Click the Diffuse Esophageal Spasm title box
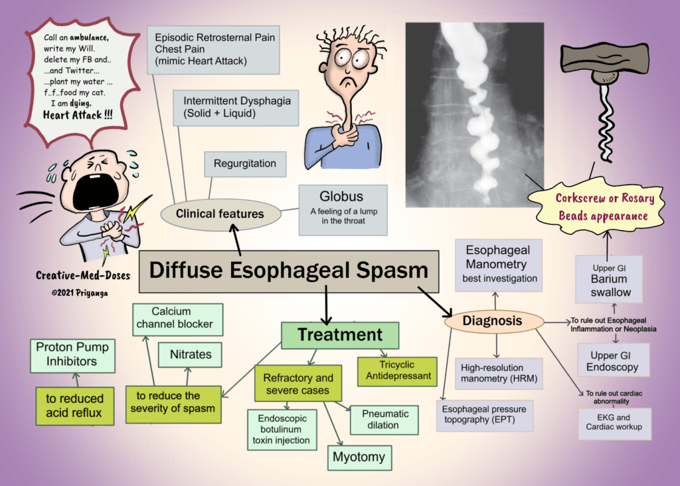(289, 271)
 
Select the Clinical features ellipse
(220, 214)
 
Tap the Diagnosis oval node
(492, 321)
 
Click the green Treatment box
(340, 334)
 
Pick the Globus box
(342, 209)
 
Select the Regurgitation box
(245, 164)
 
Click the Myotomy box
(359, 457)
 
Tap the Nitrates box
(191, 354)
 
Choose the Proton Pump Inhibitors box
(72, 355)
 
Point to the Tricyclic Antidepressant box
(398, 370)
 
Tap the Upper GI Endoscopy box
(614, 361)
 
